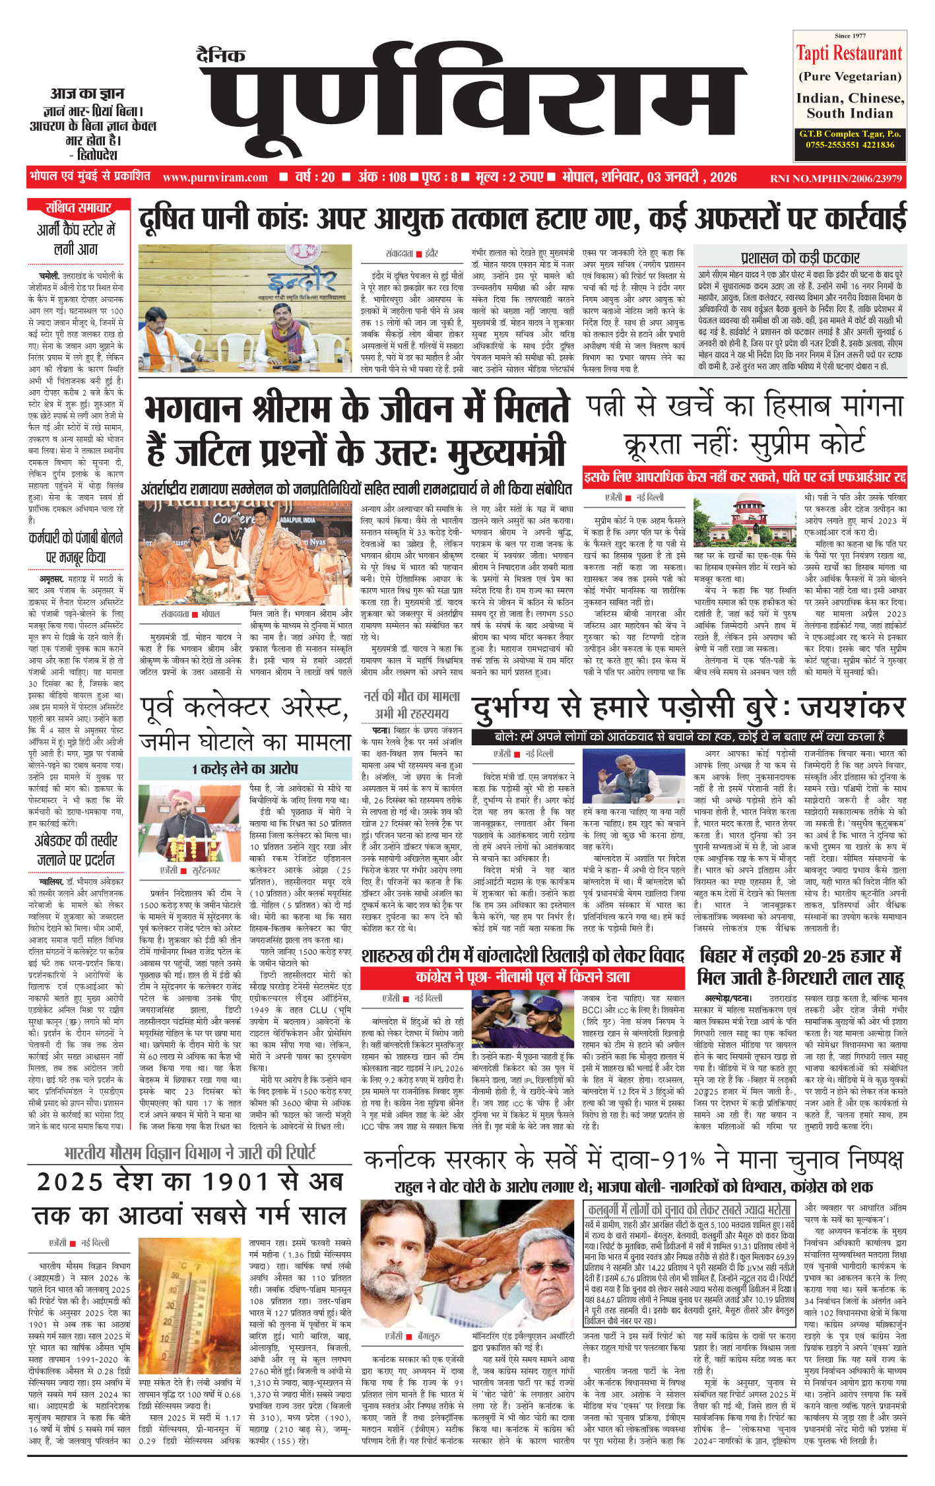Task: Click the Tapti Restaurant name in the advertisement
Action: click(x=849, y=53)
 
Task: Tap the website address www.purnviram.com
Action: click(x=215, y=178)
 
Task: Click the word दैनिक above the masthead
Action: click(x=221, y=55)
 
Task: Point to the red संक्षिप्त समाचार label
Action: click(x=78, y=208)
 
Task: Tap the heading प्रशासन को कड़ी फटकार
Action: click(x=800, y=257)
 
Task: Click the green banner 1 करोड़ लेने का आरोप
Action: click(x=245, y=768)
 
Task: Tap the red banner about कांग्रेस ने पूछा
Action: click(x=523, y=976)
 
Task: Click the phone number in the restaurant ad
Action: click(x=850, y=145)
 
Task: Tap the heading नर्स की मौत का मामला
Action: click(x=412, y=696)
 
